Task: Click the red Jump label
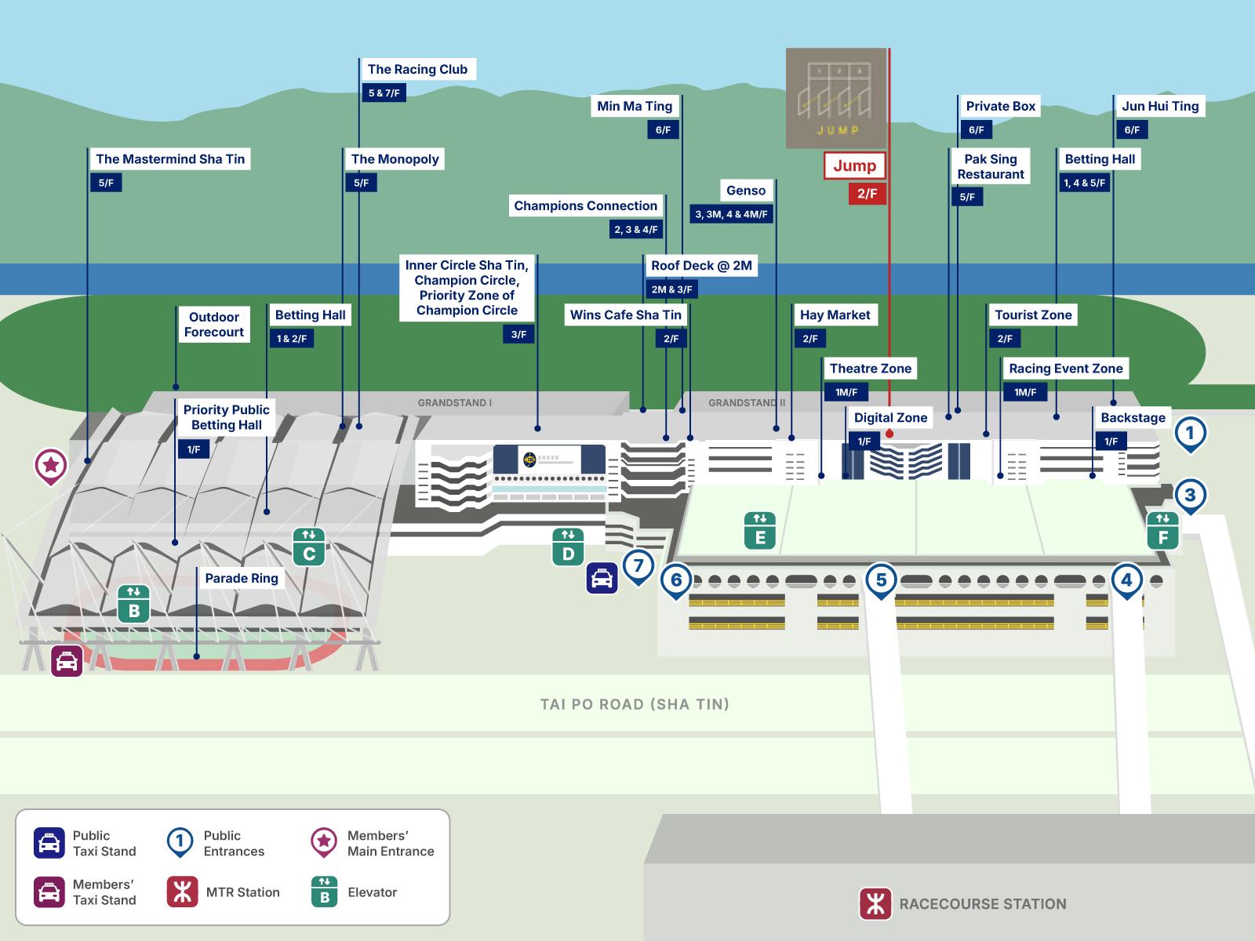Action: tap(854, 165)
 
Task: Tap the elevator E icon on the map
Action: tap(760, 530)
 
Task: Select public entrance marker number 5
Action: tap(881, 580)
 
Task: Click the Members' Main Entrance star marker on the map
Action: tap(51, 465)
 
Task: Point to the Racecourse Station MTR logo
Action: tap(875, 903)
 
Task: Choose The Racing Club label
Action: tap(417, 69)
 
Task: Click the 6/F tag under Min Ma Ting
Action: tap(663, 130)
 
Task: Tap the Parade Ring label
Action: tap(242, 578)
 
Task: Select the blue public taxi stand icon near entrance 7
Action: tap(602, 579)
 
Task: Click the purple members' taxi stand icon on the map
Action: tap(67, 661)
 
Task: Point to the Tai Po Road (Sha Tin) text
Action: tap(635, 704)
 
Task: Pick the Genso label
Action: tap(745, 191)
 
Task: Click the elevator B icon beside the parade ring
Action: tap(133, 604)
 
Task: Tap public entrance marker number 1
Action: tap(1190, 433)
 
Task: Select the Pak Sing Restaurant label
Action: tap(991, 166)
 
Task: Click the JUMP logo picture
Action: tap(836, 98)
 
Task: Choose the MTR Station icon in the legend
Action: tap(183, 892)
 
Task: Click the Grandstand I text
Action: tap(454, 403)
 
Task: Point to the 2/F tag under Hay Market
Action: tap(810, 339)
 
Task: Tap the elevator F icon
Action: tap(1162, 530)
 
